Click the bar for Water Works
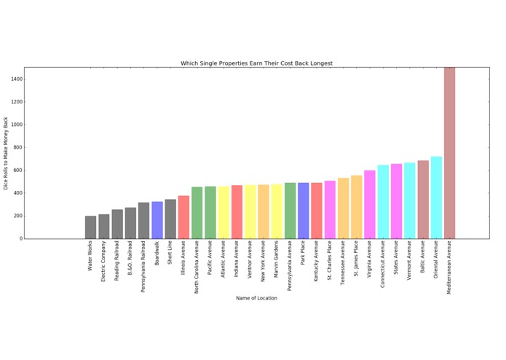pyautogui.click(x=90, y=227)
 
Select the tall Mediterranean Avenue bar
pyautogui.click(x=449, y=153)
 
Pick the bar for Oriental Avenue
pyautogui.click(x=436, y=197)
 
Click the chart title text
pyautogui.click(x=256, y=63)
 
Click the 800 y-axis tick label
pyautogui.click(x=15, y=147)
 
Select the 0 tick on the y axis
pyautogui.click(x=20, y=238)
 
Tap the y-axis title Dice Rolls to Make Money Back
pyautogui.click(x=7, y=153)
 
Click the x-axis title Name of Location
pyautogui.click(x=256, y=298)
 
